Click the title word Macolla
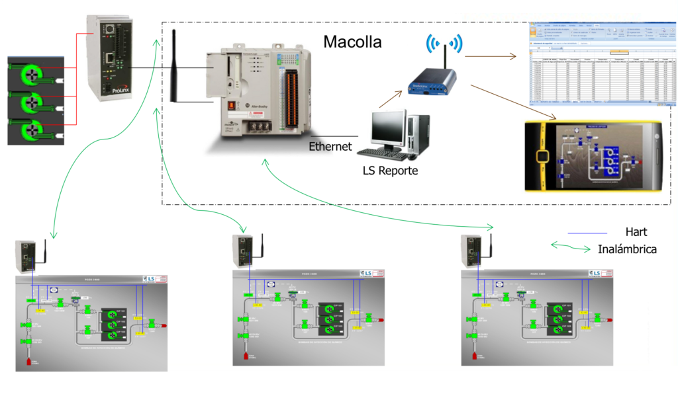[352, 42]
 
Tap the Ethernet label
[330, 146]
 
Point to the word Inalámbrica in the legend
[626, 249]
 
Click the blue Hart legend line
[587, 233]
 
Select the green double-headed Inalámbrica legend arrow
[571, 247]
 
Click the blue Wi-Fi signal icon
[444, 43]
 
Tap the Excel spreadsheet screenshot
[599, 63]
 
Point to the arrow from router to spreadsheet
[490, 57]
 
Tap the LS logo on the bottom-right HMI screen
[597, 272]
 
